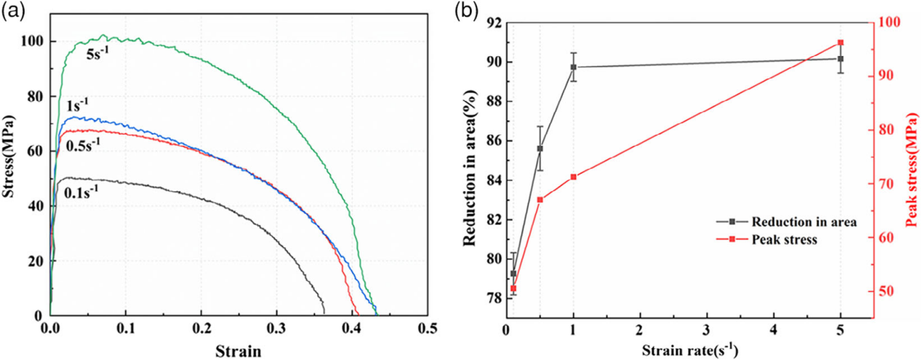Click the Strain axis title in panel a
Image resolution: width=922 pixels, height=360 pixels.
click(238, 351)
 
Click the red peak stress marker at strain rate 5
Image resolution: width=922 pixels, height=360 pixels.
click(841, 43)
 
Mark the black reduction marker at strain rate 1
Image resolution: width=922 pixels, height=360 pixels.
click(574, 67)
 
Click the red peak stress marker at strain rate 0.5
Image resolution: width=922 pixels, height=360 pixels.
click(540, 199)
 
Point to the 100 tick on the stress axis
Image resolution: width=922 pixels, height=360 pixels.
click(31, 41)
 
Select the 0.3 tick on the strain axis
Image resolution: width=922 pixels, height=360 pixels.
click(276, 329)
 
